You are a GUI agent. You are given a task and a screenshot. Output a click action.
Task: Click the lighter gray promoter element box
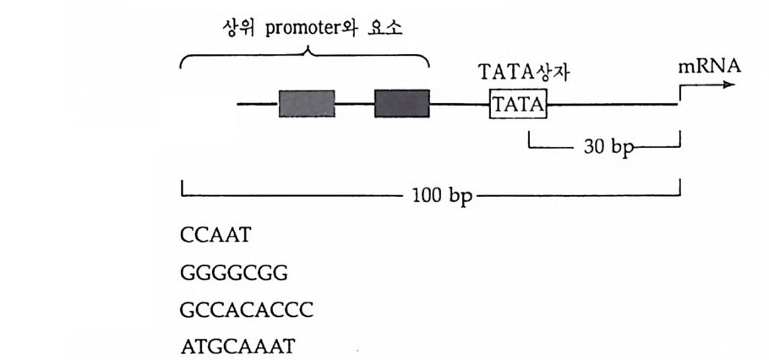[x=306, y=103]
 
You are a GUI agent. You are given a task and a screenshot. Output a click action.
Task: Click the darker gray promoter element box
[x=401, y=103]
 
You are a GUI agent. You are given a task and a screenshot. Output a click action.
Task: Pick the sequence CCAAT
[x=215, y=236]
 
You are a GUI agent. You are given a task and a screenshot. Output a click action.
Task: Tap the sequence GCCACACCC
[x=247, y=310]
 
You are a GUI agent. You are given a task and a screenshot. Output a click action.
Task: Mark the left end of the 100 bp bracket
[x=182, y=189]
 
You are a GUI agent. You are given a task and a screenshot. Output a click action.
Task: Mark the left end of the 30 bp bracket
[x=529, y=139]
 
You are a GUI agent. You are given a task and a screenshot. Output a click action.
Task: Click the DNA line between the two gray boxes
[x=354, y=104]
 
